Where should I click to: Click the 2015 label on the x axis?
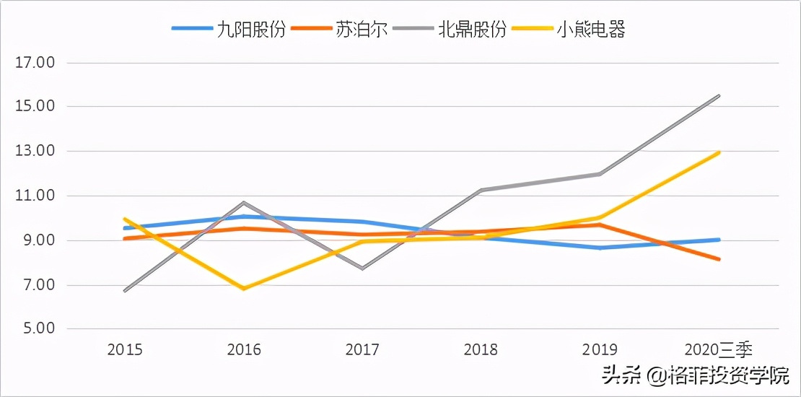tap(125, 350)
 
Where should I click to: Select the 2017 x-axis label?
tap(362, 350)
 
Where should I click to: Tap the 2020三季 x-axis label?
tap(719, 350)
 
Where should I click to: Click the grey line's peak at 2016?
tap(244, 203)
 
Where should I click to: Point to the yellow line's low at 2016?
tap(244, 288)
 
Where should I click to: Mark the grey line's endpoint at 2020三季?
tap(719, 96)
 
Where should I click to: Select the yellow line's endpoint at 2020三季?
tap(719, 152)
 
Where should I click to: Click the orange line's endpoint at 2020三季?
tap(719, 259)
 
